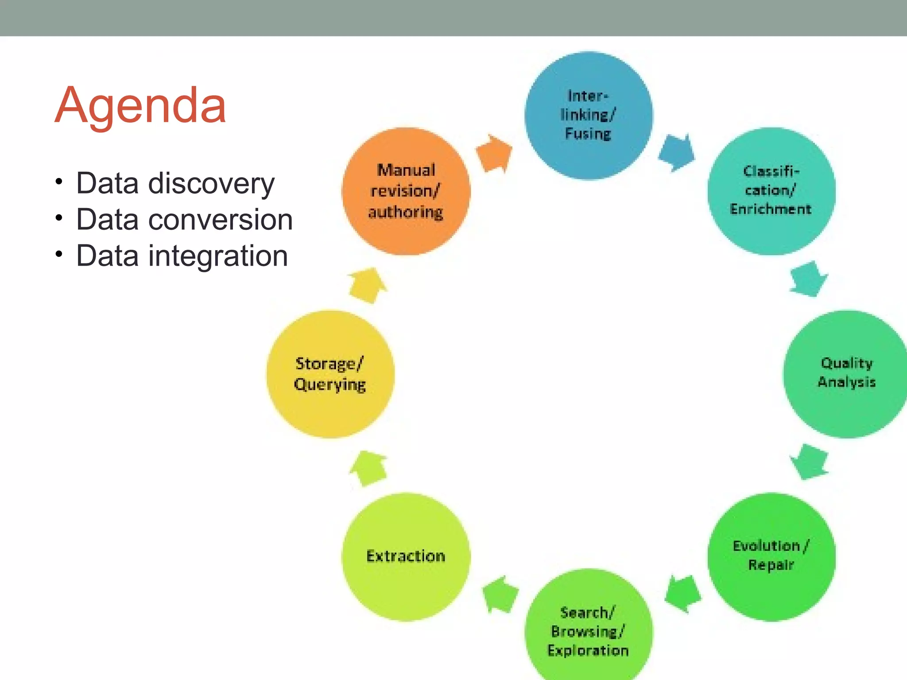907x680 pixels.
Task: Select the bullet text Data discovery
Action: (175, 183)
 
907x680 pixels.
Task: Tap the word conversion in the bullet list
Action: (220, 220)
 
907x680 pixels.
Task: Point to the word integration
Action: (218, 256)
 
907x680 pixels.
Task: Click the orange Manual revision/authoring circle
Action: (406, 191)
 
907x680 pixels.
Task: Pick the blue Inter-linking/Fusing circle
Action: (588, 116)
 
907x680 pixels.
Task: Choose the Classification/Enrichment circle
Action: (771, 191)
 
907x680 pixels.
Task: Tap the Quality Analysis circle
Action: (846, 374)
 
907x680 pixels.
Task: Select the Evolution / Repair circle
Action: (771, 556)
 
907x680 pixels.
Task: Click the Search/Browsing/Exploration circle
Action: (588, 631)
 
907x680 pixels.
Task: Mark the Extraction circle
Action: (406, 556)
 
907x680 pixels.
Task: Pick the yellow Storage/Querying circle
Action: (330, 374)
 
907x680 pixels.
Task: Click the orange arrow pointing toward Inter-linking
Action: (494, 153)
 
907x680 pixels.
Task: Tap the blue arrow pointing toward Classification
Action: (677, 152)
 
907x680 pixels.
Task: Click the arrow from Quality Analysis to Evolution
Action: (810, 462)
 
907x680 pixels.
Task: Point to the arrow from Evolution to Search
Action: (683, 594)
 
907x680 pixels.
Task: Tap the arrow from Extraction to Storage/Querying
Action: (368, 468)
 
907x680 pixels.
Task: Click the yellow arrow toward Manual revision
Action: (368, 286)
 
